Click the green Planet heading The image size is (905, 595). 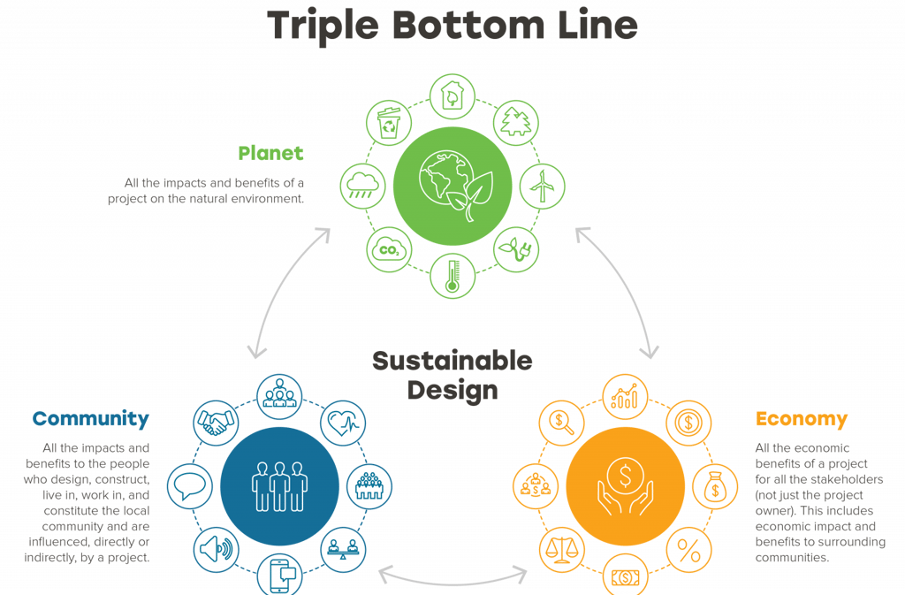coord(270,153)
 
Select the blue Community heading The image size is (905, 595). coord(90,418)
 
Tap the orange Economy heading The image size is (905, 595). coord(801,418)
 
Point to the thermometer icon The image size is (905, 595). coord(452,275)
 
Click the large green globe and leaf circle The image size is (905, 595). coord(452,187)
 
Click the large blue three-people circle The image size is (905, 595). coord(278,484)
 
